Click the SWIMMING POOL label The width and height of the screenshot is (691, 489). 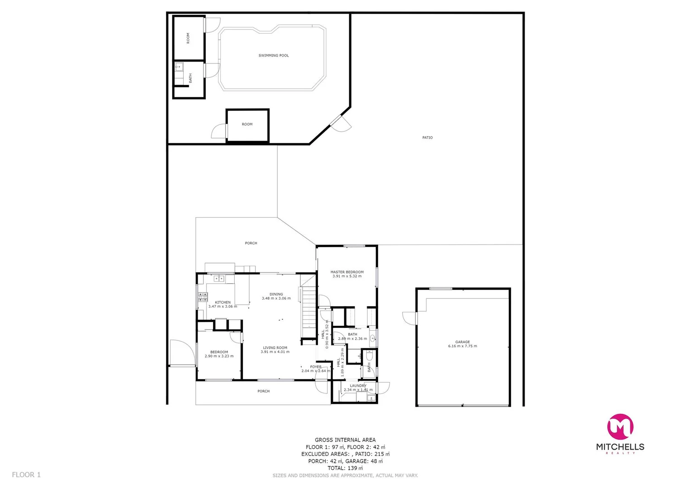(274, 56)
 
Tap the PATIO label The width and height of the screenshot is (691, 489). (427, 138)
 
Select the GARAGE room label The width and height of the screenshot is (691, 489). (462, 342)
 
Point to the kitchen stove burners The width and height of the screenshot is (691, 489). (202, 297)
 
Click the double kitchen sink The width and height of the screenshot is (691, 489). (219, 278)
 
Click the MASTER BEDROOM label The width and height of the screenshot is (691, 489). (347, 272)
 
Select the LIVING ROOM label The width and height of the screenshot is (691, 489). (275, 348)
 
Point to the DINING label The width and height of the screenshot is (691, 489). (276, 294)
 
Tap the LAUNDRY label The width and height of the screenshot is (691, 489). (358, 386)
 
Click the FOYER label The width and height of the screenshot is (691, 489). (316, 367)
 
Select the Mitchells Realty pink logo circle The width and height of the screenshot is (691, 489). (620, 427)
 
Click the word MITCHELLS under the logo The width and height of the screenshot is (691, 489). (620, 447)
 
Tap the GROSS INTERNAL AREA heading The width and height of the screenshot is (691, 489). (345, 440)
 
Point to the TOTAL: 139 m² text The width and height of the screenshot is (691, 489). (345, 468)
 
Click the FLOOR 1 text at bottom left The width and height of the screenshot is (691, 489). (26, 475)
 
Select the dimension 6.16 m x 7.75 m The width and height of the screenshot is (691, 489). (462, 346)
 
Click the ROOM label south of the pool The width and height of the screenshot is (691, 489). (247, 124)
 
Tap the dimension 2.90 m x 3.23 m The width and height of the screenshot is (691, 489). (219, 356)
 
